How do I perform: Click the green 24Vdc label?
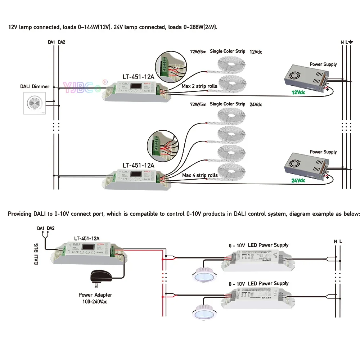[x=298, y=180]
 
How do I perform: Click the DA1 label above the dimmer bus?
[x=51, y=42]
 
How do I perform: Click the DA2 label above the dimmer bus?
[x=62, y=42]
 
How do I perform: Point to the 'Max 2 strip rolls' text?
[x=200, y=86]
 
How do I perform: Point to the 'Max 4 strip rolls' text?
[x=200, y=175]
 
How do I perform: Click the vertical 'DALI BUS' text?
[x=36, y=253]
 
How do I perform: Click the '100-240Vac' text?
[x=93, y=301]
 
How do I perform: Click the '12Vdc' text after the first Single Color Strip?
[x=256, y=52]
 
